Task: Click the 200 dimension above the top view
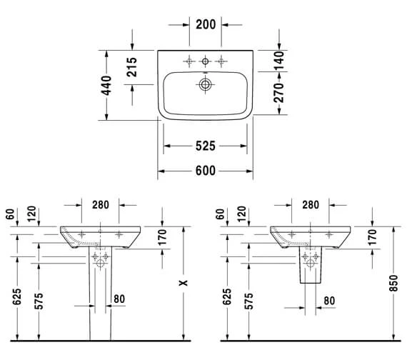point(206,24)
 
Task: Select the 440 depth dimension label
point(106,86)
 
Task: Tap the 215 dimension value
point(132,67)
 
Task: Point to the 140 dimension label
point(279,61)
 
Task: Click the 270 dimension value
point(279,93)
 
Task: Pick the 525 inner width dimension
point(206,146)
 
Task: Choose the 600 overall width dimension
point(206,171)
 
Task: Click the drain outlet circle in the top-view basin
point(205,84)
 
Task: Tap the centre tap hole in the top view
point(205,61)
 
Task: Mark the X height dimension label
point(184,283)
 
